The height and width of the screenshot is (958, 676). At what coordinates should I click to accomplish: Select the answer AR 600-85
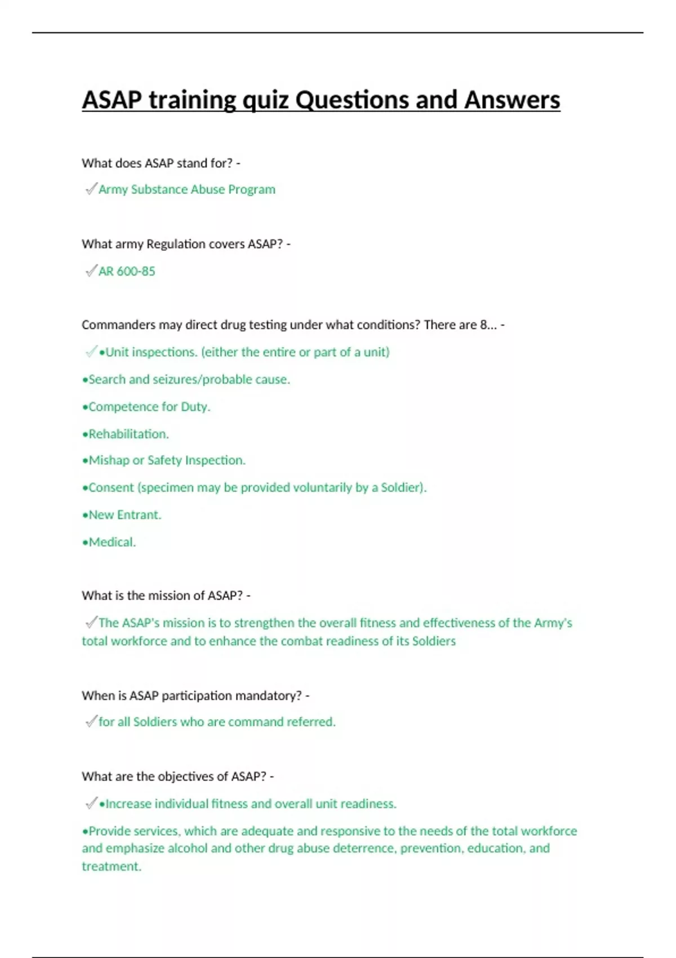[x=127, y=271]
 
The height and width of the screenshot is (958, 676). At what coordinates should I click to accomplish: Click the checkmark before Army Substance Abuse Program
[x=91, y=189]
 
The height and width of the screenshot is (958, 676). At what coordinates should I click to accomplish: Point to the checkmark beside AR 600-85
[x=91, y=271]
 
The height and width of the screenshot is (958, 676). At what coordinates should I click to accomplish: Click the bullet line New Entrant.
[x=122, y=515]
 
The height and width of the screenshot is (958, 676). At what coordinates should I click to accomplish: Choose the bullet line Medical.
[x=109, y=542]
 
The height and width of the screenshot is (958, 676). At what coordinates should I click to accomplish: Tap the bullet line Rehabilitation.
[x=126, y=434]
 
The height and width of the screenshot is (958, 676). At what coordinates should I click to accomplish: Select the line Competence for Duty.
[x=146, y=407]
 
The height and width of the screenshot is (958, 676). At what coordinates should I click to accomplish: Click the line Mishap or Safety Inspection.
[x=164, y=460]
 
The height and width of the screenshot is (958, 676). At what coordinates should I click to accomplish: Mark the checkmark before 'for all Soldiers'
[x=91, y=721]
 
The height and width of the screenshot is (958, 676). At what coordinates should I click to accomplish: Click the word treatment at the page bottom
[x=111, y=866]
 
